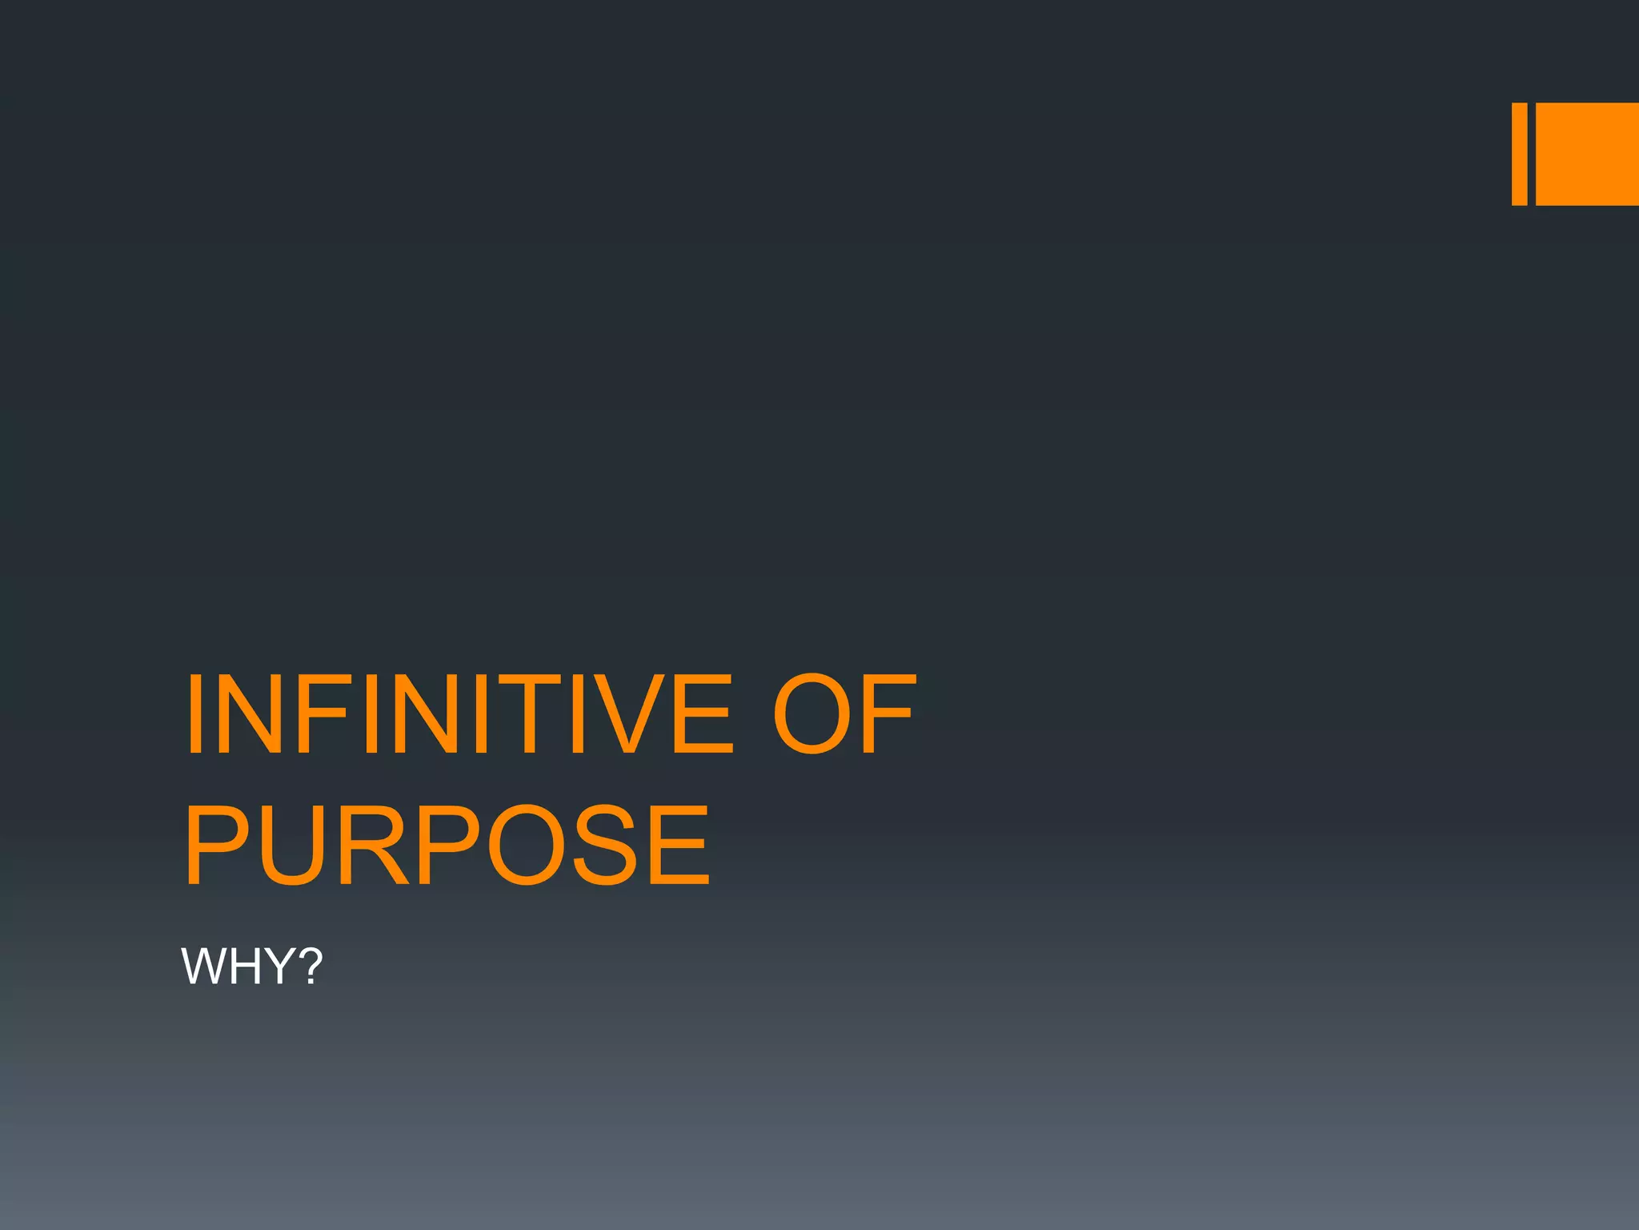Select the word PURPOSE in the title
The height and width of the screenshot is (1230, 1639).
point(447,846)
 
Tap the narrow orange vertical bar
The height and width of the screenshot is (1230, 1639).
point(1519,154)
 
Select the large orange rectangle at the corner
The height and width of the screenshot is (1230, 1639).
point(1587,154)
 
